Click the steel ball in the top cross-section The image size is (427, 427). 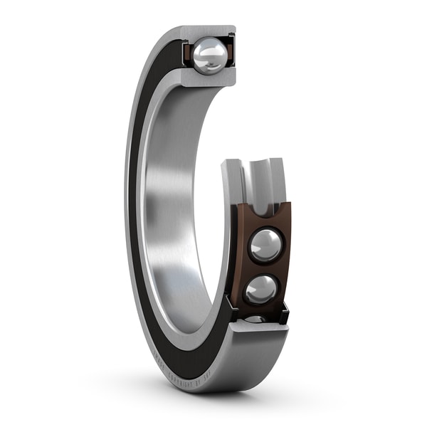(209, 56)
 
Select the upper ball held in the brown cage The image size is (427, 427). (265, 246)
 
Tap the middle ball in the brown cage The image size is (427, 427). (261, 289)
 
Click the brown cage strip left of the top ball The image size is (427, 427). (187, 54)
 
